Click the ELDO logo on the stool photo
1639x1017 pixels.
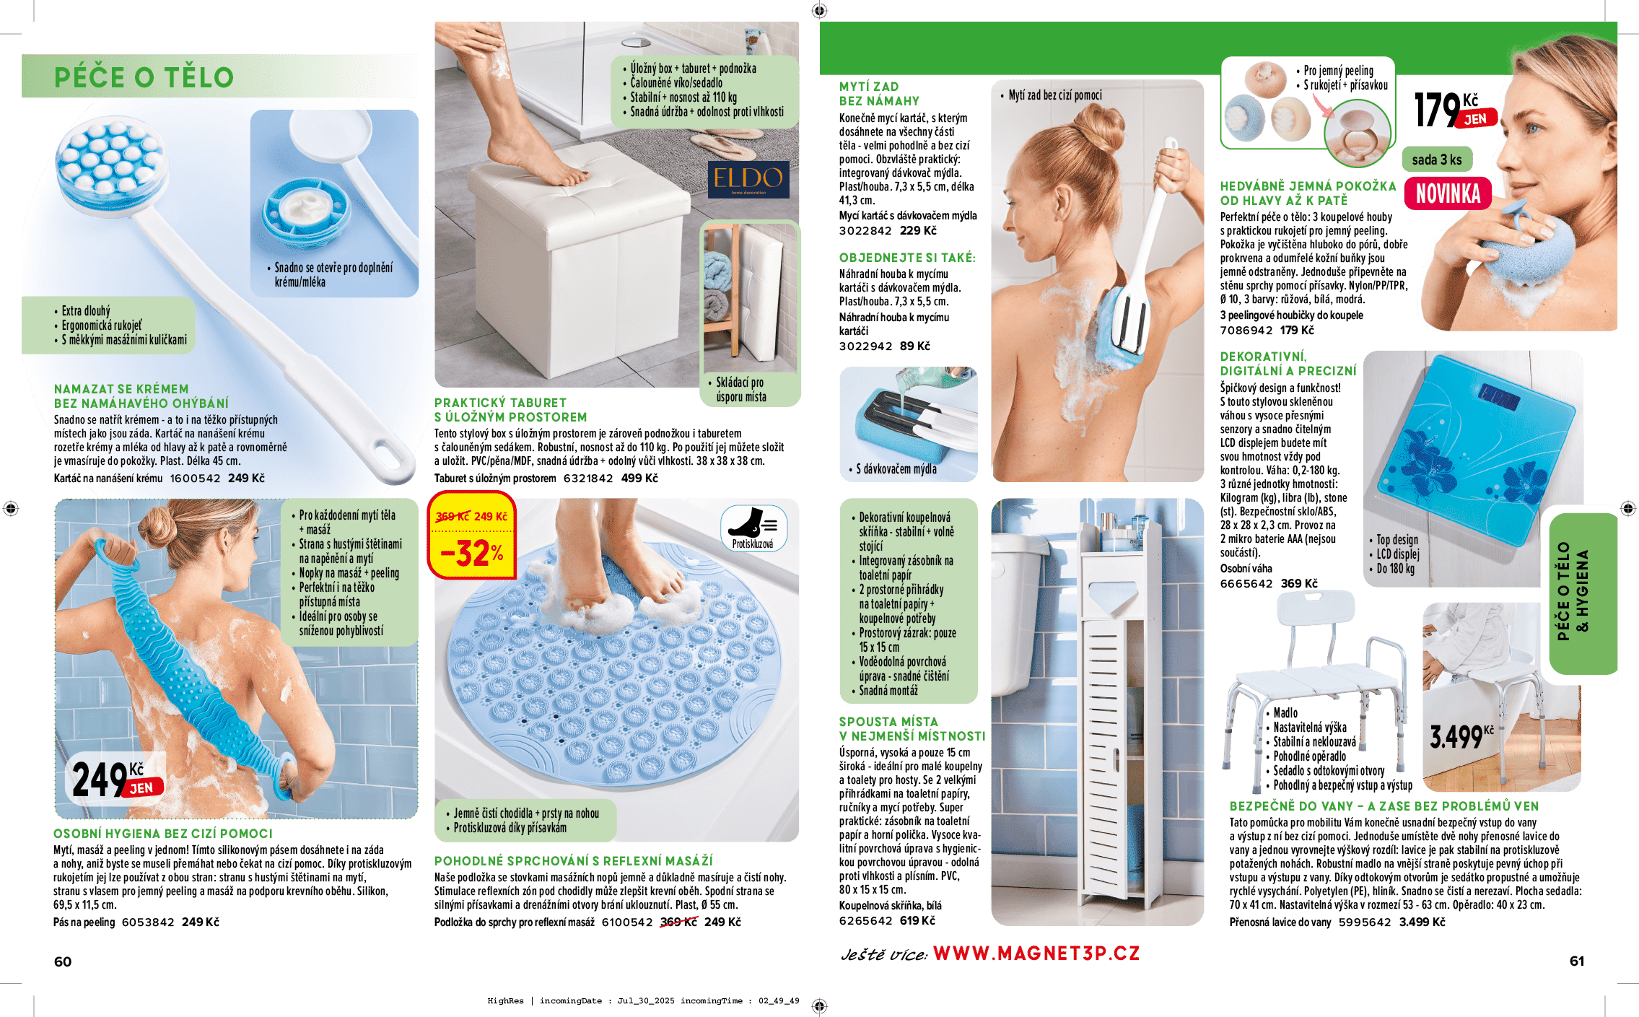click(748, 179)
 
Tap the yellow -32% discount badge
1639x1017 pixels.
click(472, 535)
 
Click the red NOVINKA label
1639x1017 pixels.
click(1448, 193)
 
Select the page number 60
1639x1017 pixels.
click(63, 961)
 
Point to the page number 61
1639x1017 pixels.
click(1577, 961)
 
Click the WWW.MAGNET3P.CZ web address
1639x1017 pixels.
click(1036, 953)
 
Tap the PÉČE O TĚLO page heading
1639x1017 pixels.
click(144, 77)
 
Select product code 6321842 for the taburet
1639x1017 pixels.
click(588, 479)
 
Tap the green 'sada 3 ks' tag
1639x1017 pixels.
click(1437, 160)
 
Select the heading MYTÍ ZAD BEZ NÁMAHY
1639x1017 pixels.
click(879, 94)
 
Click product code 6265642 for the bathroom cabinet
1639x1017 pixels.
click(865, 921)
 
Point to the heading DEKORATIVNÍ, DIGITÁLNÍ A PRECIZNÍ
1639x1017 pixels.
click(1288, 363)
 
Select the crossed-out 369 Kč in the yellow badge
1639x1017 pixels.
click(453, 517)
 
